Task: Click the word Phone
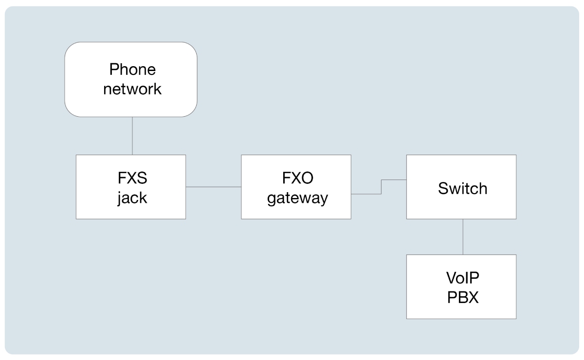coord(132,70)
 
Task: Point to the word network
coord(132,90)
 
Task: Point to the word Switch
coord(462,188)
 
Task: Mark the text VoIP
coord(462,277)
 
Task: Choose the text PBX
coord(462,297)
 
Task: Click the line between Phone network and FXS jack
coord(132,136)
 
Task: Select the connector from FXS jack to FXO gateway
coord(213,187)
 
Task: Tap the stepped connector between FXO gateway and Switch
coord(381,187)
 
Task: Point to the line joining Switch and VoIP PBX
coord(463,236)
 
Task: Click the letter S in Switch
coord(443,188)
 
